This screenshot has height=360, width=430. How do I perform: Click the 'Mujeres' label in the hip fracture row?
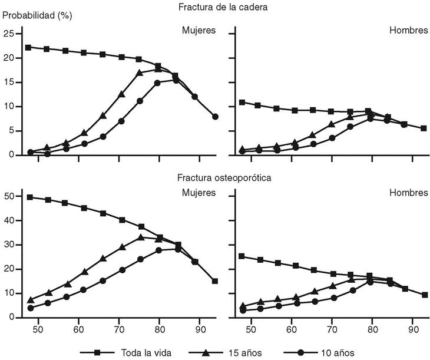pyautogui.click(x=199, y=30)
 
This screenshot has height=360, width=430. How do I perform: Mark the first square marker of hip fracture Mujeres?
pyautogui.click(x=28, y=47)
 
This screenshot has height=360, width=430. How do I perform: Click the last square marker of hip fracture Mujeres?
pyautogui.click(x=215, y=117)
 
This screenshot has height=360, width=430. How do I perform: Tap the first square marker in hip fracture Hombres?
pyautogui.click(x=242, y=103)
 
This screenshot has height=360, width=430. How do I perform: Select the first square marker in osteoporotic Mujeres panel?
pyautogui.click(x=30, y=197)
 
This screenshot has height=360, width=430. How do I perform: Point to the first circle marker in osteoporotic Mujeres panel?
pyautogui.click(x=30, y=308)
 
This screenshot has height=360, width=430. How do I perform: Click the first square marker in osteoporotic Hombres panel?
pyautogui.click(x=242, y=256)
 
